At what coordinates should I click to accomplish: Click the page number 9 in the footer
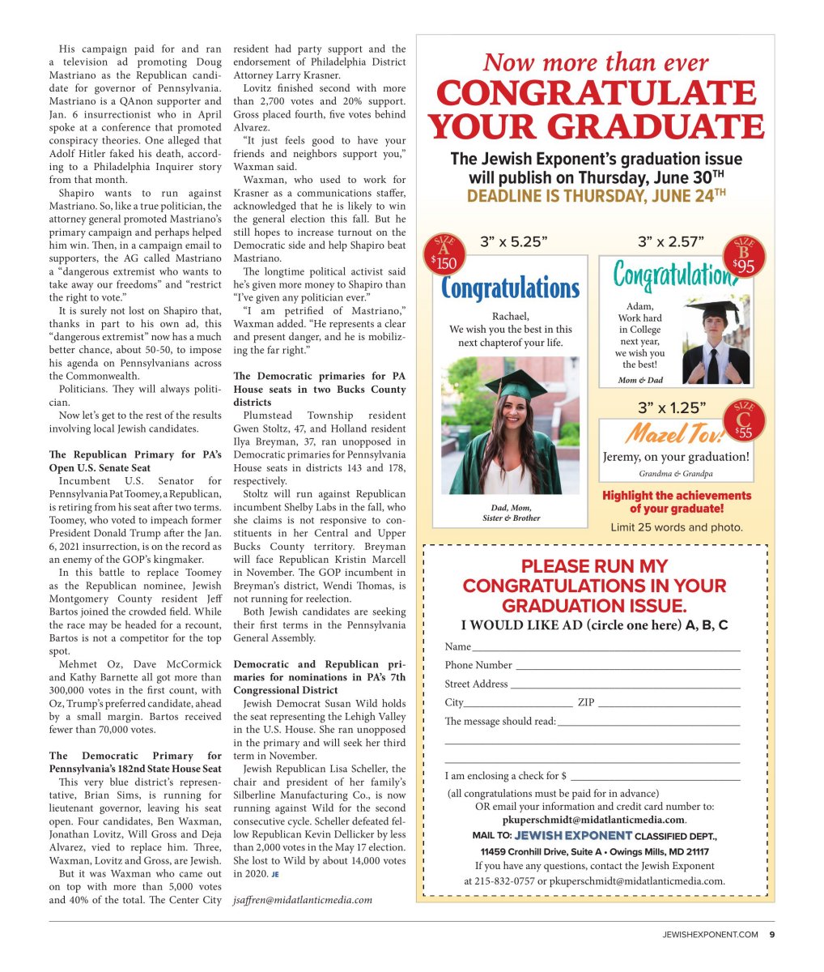(771, 934)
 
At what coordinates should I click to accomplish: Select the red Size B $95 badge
(745, 257)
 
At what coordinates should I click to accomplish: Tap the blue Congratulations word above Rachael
(511, 288)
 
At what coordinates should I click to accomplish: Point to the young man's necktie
(711, 365)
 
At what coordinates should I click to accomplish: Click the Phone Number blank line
(627, 668)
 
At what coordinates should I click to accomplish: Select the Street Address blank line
(625, 687)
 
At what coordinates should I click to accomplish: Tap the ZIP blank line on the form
(669, 706)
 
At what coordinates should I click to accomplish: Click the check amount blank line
(655, 778)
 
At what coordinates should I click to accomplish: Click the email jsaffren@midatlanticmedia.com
(303, 900)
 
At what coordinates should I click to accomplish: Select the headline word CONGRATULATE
(596, 94)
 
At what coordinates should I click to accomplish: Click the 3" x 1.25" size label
(672, 407)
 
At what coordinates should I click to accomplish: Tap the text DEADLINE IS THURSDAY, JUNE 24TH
(596, 196)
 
